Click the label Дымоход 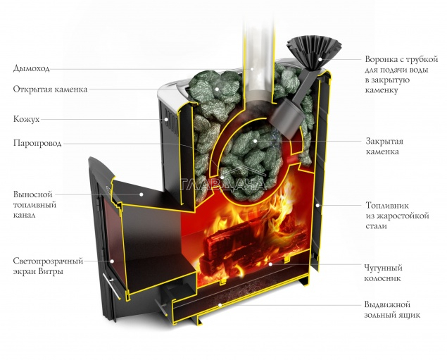(32, 69)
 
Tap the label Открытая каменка (50, 89)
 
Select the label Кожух (26, 119)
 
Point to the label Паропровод (37, 143)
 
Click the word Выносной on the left (33, 194)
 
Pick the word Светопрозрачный (48, 261)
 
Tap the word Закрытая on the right (384, 142)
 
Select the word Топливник (387, 206)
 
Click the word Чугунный (384, 268)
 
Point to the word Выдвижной (387, 304)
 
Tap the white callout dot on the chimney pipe (252, 69)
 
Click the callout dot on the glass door (113, 261)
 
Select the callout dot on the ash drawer (220, 305)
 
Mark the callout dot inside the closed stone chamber (255, 141)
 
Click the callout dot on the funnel (320, 59)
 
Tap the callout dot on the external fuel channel (141, 194)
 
